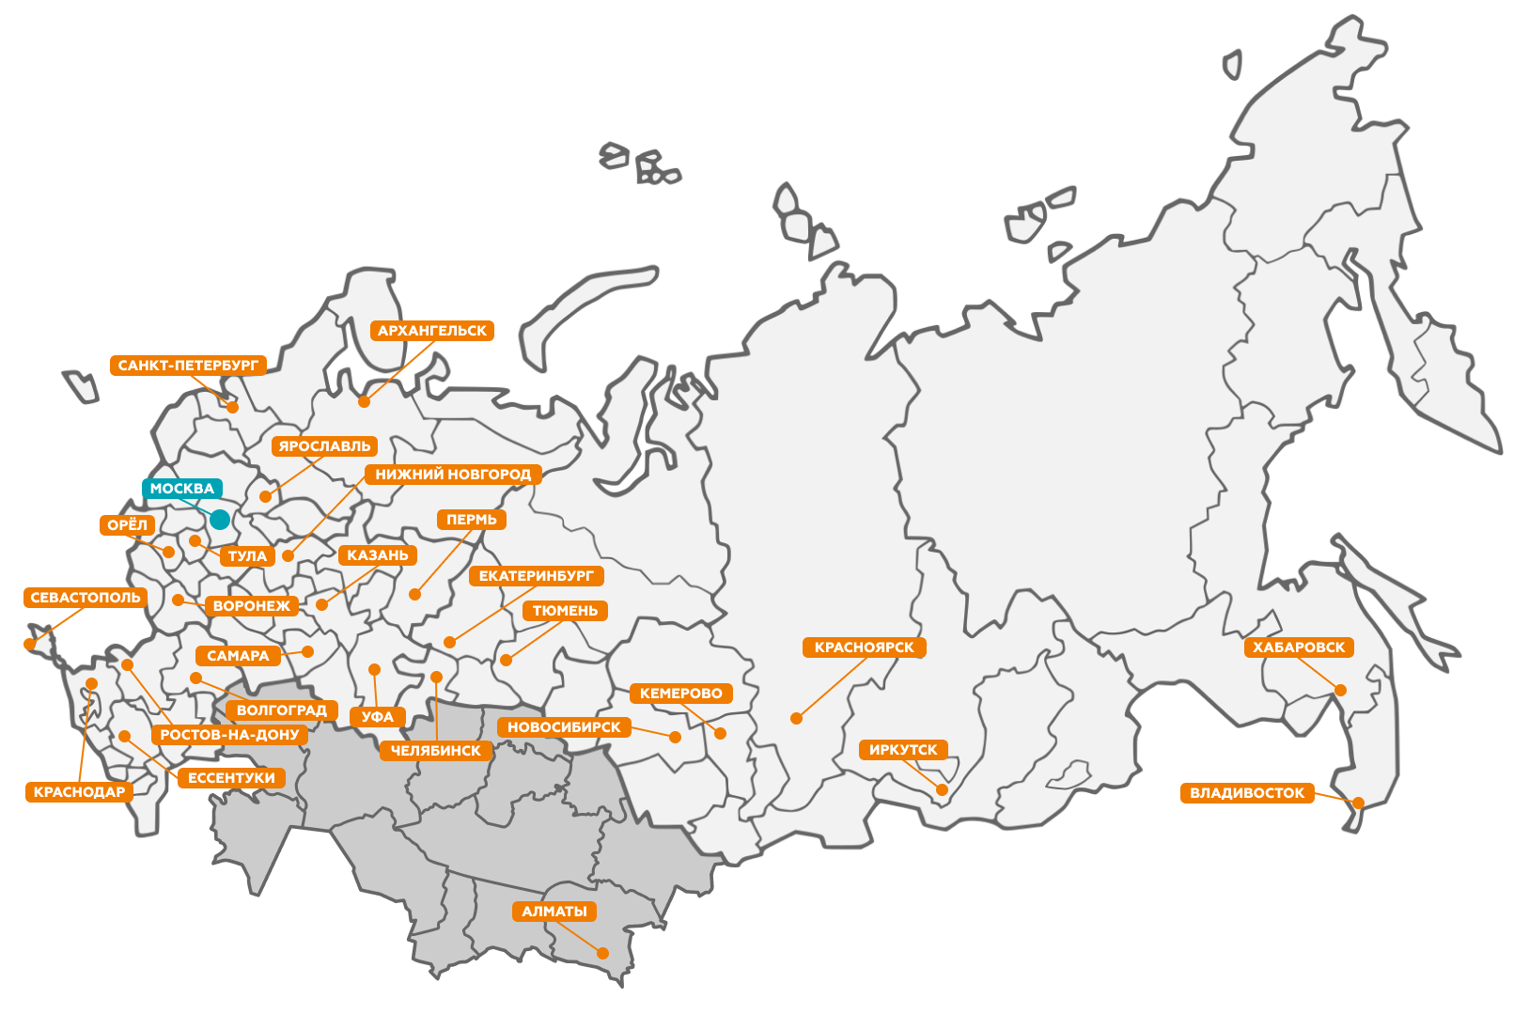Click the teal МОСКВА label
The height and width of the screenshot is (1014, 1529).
coord(182,489)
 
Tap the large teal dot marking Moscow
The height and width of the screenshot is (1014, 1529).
coord(220,520)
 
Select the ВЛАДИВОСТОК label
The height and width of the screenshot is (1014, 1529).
coord(1247,793)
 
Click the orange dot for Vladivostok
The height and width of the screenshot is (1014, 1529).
coord(1358,803)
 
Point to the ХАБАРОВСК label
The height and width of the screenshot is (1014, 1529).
coord(1299,647)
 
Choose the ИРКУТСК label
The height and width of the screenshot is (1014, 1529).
coord(903,750)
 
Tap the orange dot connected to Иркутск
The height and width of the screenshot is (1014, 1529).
coord(942,789)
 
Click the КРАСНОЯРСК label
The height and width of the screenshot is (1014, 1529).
coord(864,647)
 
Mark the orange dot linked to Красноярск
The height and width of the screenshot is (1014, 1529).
coord(796,718)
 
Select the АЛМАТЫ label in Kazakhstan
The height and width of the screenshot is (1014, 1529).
coord(554,912)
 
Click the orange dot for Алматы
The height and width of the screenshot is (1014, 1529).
coord(603,953)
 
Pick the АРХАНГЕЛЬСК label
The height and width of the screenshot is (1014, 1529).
coord(432,331)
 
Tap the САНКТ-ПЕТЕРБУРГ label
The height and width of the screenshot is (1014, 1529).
coord(188,366)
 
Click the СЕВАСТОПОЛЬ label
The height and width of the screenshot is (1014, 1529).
coord(86,598)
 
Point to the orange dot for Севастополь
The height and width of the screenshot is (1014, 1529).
coord(29,645)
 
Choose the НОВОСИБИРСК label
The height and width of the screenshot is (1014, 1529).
coord(564,727)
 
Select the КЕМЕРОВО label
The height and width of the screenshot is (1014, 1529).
coord(681,694)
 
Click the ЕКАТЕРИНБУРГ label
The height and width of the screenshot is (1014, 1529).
coord(537,576)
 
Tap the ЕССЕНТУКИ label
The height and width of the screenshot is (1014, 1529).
coord(231,778)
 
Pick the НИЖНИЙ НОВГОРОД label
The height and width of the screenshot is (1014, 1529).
coord(453,475)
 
